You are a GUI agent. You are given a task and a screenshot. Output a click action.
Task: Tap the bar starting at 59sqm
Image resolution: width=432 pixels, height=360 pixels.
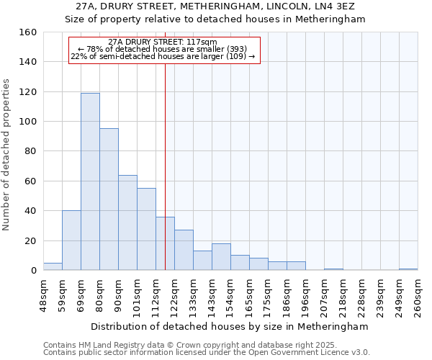71,240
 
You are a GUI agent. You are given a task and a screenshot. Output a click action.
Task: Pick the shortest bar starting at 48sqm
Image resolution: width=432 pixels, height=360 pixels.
53,266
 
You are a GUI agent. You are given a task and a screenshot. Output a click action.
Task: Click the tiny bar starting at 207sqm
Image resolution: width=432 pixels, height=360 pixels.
333,269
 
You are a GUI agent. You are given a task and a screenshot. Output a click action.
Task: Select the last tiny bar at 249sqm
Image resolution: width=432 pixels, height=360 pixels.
408,269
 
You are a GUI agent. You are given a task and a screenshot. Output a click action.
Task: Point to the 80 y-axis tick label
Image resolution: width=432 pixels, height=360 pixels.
31,151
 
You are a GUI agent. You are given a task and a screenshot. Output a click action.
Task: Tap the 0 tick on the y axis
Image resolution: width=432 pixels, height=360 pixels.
34,270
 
